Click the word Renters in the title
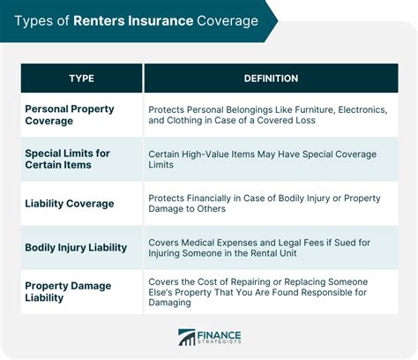pyautogui.click(x=108, y=20)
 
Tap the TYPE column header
pyautogui.click(x=81, y=79)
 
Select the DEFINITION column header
pyautogui.click(x=270, y=79)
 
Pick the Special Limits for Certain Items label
pyautogui.click(x=67, y=160)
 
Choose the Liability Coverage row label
pyautogui.click(x=70, y=204)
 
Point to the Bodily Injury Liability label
pyautogui.click(x=76, y=248)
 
